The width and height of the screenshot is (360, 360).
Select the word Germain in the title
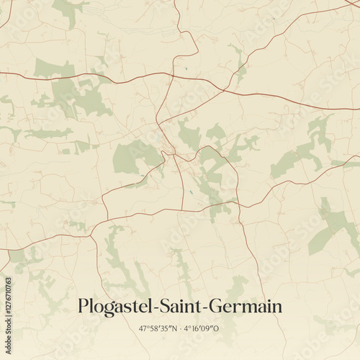tap(244, 307)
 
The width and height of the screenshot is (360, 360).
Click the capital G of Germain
tap(214, 306)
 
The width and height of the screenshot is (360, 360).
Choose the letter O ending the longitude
tap(217, 329)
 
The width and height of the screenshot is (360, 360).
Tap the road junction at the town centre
tap(171, 152)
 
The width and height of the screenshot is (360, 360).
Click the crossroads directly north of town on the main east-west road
tap(173, 73)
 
